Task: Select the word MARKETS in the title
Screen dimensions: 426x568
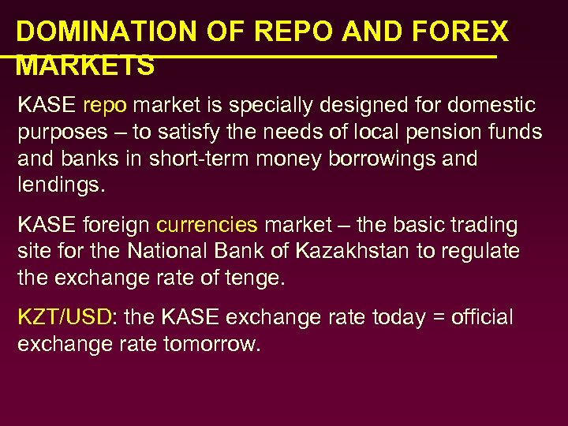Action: point(85,66)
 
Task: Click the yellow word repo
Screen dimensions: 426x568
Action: point(104,105)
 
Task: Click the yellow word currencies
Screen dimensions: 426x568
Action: point(207,225)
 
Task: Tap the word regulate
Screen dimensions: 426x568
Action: point(483,252)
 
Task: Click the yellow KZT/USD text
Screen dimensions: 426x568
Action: point(65,318)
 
